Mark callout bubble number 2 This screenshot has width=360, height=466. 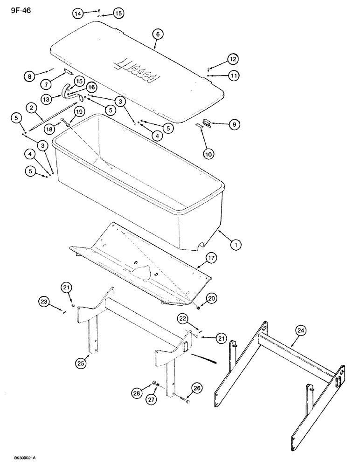tap(33, 109)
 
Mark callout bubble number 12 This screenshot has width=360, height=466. tap(233, 59)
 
